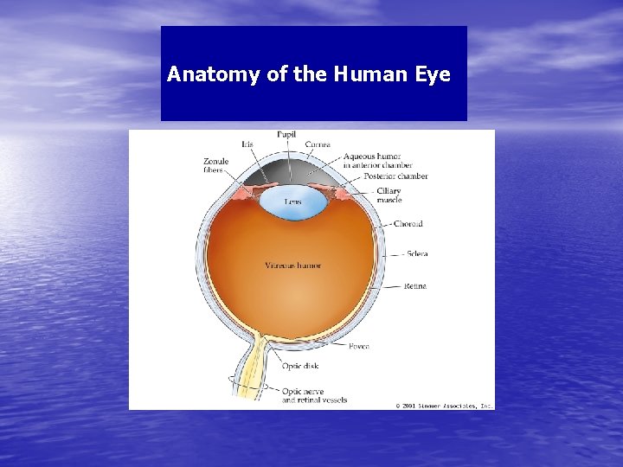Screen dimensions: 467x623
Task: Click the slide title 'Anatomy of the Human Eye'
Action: [x=309, y=74]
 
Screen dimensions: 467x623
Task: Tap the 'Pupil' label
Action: [x=287, y=134]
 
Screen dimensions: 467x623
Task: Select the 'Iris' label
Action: [x=247, y=144]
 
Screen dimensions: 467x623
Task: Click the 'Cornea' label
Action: [x=318, y=144]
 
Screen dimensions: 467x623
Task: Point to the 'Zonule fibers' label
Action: [x=216, y=165]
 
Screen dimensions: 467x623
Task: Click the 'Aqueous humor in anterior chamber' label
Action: [x=378, y=161]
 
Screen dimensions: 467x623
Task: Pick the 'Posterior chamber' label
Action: [x=395, y=176]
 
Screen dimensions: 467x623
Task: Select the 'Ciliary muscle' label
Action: [x=389, y=195]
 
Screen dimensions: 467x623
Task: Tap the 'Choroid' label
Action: [x=407, y=224]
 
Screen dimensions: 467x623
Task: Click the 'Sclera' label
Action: [x=415, y=254]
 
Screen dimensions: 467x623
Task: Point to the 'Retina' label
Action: [x=414, y=286]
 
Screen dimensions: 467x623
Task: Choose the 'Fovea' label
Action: [x=359, y=346]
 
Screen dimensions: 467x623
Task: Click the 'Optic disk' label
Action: [x=300, y=366]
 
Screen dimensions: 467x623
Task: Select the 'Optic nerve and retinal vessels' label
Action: [x=314, y=395]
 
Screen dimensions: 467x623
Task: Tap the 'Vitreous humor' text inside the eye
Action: [x=293, y=265]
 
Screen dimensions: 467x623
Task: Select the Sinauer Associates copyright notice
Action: [x=444, y=405]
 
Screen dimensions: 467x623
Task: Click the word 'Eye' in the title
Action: [x=433, y=74]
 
